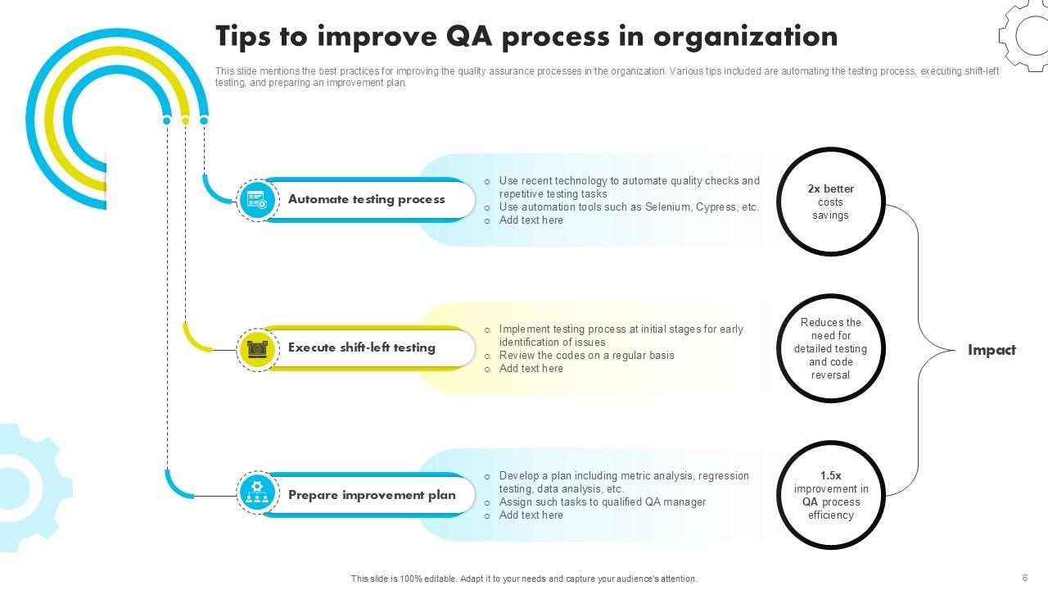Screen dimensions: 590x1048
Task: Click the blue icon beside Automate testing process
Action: tap(258, 200)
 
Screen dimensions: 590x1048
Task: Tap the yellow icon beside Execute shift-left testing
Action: tap(258, 348)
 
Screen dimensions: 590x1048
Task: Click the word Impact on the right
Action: tap(992, 350)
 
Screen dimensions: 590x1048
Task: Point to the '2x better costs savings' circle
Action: tap(831, 202)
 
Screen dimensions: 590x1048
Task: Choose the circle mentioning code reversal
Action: tap(831, 349)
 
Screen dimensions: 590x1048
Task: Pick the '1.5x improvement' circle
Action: tap(831, 495)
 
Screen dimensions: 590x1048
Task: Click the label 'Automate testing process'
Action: tap(366, 199)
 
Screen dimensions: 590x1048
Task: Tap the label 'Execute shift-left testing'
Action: tap(361, 347)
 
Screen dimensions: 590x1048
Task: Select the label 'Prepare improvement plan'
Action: tap(372, 495)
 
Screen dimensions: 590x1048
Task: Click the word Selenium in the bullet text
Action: tap(667, 207)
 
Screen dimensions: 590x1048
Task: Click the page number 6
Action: tap(1024, 578)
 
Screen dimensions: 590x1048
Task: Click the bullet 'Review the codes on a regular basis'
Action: tap(586, 356)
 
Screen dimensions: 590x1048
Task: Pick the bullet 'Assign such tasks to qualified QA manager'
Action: tap(602, 502)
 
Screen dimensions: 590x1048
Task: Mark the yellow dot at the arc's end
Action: tap(185, 120)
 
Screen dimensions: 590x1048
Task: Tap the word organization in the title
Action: tap(745, 37)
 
